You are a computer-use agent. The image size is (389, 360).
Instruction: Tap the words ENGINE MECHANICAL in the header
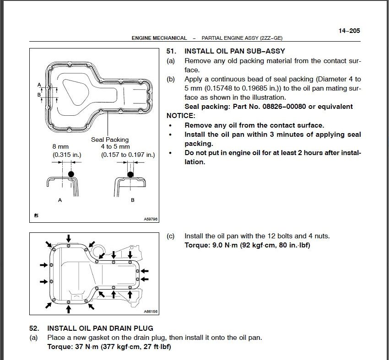tap(159, 38)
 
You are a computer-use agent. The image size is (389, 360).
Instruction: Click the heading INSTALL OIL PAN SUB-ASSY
tap(235, 51)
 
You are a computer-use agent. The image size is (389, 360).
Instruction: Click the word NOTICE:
tap(181, 116)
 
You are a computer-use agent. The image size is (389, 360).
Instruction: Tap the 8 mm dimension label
tap(60, 147)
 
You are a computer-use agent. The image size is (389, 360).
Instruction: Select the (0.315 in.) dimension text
tap(67, 155)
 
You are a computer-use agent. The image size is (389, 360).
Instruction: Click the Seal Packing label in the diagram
tap(110, 140)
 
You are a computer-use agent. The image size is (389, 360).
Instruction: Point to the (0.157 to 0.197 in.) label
tap(128, 155)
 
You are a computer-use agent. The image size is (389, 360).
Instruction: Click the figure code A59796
tap(151, 219)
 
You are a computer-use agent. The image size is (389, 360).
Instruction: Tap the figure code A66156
tap(151, 311)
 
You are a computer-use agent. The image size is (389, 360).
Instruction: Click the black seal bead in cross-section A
tap(70, 174)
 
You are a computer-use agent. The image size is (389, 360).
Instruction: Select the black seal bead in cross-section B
tap(130, 174)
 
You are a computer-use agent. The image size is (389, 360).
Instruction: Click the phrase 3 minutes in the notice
tap(281, 134)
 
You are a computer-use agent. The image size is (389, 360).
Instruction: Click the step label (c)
tap(170, 236)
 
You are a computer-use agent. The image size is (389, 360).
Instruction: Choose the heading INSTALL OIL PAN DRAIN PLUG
tap(100, 328)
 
